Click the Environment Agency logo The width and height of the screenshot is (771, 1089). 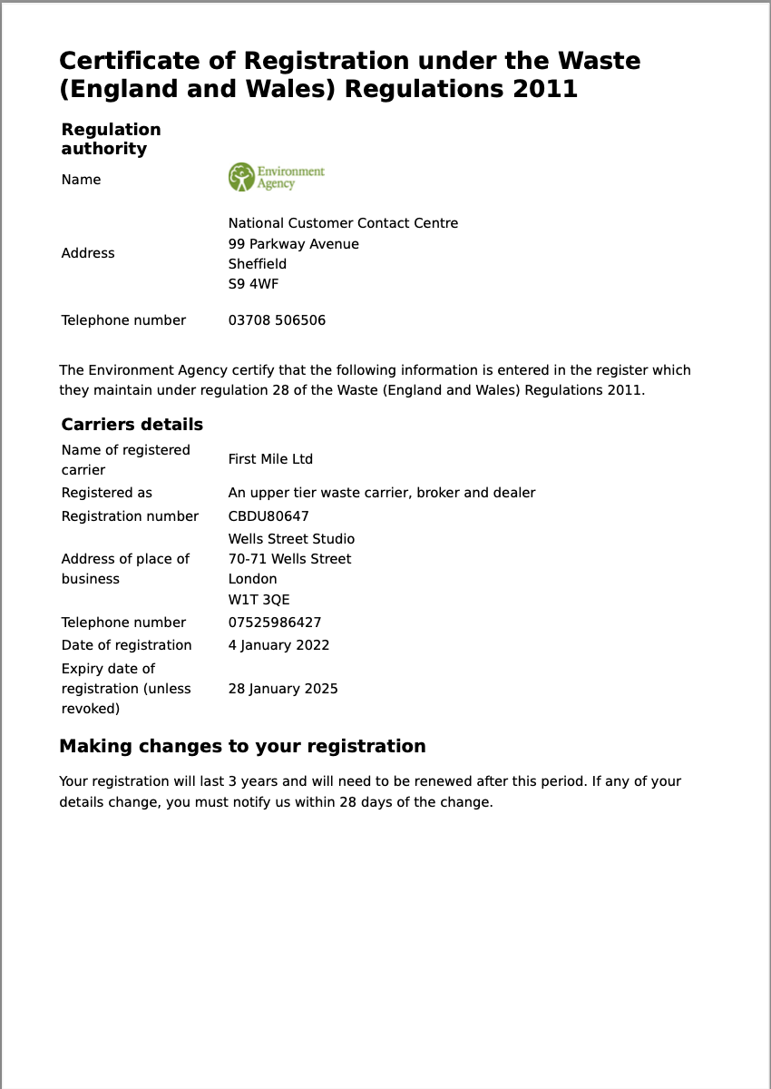pos(276,177)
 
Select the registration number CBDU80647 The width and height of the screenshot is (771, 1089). pos(268,516)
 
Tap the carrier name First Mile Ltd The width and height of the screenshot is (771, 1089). pos(270,459)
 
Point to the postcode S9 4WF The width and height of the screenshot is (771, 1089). pos(253,284)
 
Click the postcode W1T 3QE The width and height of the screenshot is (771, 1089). pos(259,600)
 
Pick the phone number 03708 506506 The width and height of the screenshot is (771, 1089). pos(277,320)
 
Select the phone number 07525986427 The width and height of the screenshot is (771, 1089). pos(274,623)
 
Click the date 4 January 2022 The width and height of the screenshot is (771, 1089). pos(278,645)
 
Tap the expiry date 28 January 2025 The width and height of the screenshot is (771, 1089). pos(283,689)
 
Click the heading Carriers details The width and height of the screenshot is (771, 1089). pos(132,425)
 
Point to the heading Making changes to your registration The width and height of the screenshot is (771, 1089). pos(242,746)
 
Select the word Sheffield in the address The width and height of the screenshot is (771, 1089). pos(257,264)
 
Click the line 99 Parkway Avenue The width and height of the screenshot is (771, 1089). pos(293,244)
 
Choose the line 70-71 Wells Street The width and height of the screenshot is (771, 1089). pos(289,559)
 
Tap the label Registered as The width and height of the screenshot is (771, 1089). pos(106,493)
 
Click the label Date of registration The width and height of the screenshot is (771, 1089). pos(126,645)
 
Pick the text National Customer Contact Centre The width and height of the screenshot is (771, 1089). pos(343,223)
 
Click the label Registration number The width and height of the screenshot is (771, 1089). pos(130,516)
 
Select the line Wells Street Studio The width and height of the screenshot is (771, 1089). pos(291,539)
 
